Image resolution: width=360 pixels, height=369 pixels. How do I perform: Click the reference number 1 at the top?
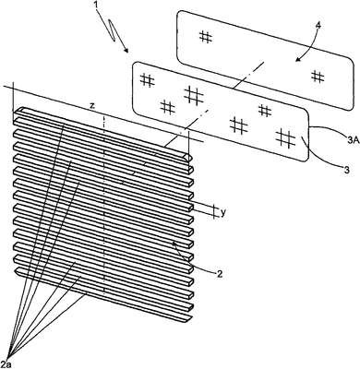pos(97,5)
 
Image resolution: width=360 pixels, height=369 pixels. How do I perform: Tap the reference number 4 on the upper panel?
pos(318,26)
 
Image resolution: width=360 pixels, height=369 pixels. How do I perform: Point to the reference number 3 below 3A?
pos(346,170)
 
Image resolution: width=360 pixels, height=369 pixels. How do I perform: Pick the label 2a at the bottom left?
pos(6,362)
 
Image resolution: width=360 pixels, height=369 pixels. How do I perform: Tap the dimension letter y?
pos(223,213)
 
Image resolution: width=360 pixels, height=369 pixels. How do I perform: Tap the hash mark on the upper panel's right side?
pos(318,76)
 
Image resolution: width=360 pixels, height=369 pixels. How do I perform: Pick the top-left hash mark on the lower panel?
pos(148,81)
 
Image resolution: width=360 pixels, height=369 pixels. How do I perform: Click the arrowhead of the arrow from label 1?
pos(126,50)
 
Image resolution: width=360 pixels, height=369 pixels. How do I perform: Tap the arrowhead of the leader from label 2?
pos(174,244)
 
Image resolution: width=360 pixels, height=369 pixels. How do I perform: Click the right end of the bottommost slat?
pos(188,320)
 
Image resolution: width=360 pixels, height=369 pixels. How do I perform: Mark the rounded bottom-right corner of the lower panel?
pos(306,158)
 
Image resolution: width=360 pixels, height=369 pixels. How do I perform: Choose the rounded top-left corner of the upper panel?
pos(180,14)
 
